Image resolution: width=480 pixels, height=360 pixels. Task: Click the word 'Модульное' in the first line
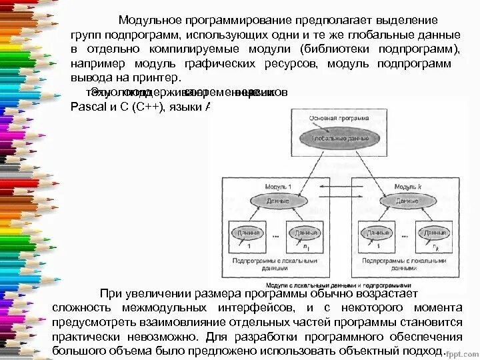pyautogui.click(x=151, y=20)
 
